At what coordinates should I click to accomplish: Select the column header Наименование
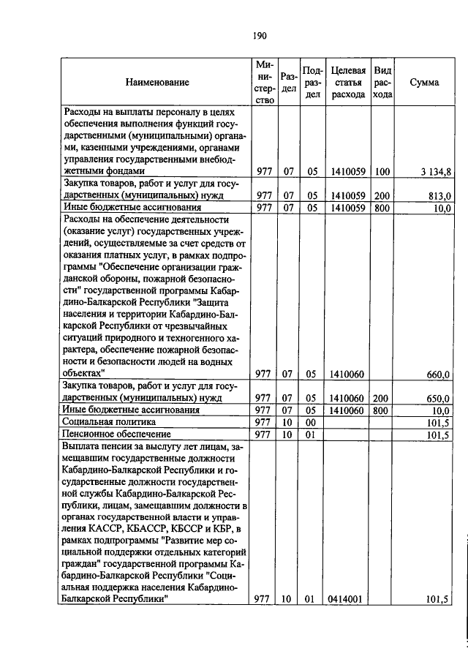tap(157, 83)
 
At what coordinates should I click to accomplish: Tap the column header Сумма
tap(424, 83)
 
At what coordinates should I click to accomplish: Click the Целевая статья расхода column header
tap(348, 83)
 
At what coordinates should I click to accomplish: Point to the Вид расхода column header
tap(382, 83)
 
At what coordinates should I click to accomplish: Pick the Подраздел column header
tap(312, 83)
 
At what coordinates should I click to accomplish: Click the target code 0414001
tap(347, 599)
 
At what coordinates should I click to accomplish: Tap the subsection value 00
tap(310, 422)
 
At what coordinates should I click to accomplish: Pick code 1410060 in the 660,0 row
tap(347, 375)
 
